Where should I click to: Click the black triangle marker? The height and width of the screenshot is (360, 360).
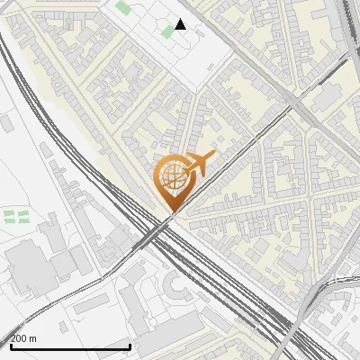click(180, 24)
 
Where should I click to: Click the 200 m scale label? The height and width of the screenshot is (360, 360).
click(24, 338)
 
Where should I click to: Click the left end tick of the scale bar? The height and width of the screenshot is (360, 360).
click(11, 345)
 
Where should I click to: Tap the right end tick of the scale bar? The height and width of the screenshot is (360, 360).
click(130, 345)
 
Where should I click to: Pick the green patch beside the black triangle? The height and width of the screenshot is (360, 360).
click(167, 31)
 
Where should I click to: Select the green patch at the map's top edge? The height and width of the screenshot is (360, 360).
click(122, 7)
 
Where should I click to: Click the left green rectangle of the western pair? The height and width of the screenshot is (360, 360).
click(10, 216)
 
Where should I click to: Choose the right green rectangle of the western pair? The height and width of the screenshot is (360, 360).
click(23, 216)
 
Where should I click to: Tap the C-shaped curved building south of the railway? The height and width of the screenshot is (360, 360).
click(176, 286)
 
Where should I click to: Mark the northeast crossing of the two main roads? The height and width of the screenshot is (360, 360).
click(297, 105)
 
